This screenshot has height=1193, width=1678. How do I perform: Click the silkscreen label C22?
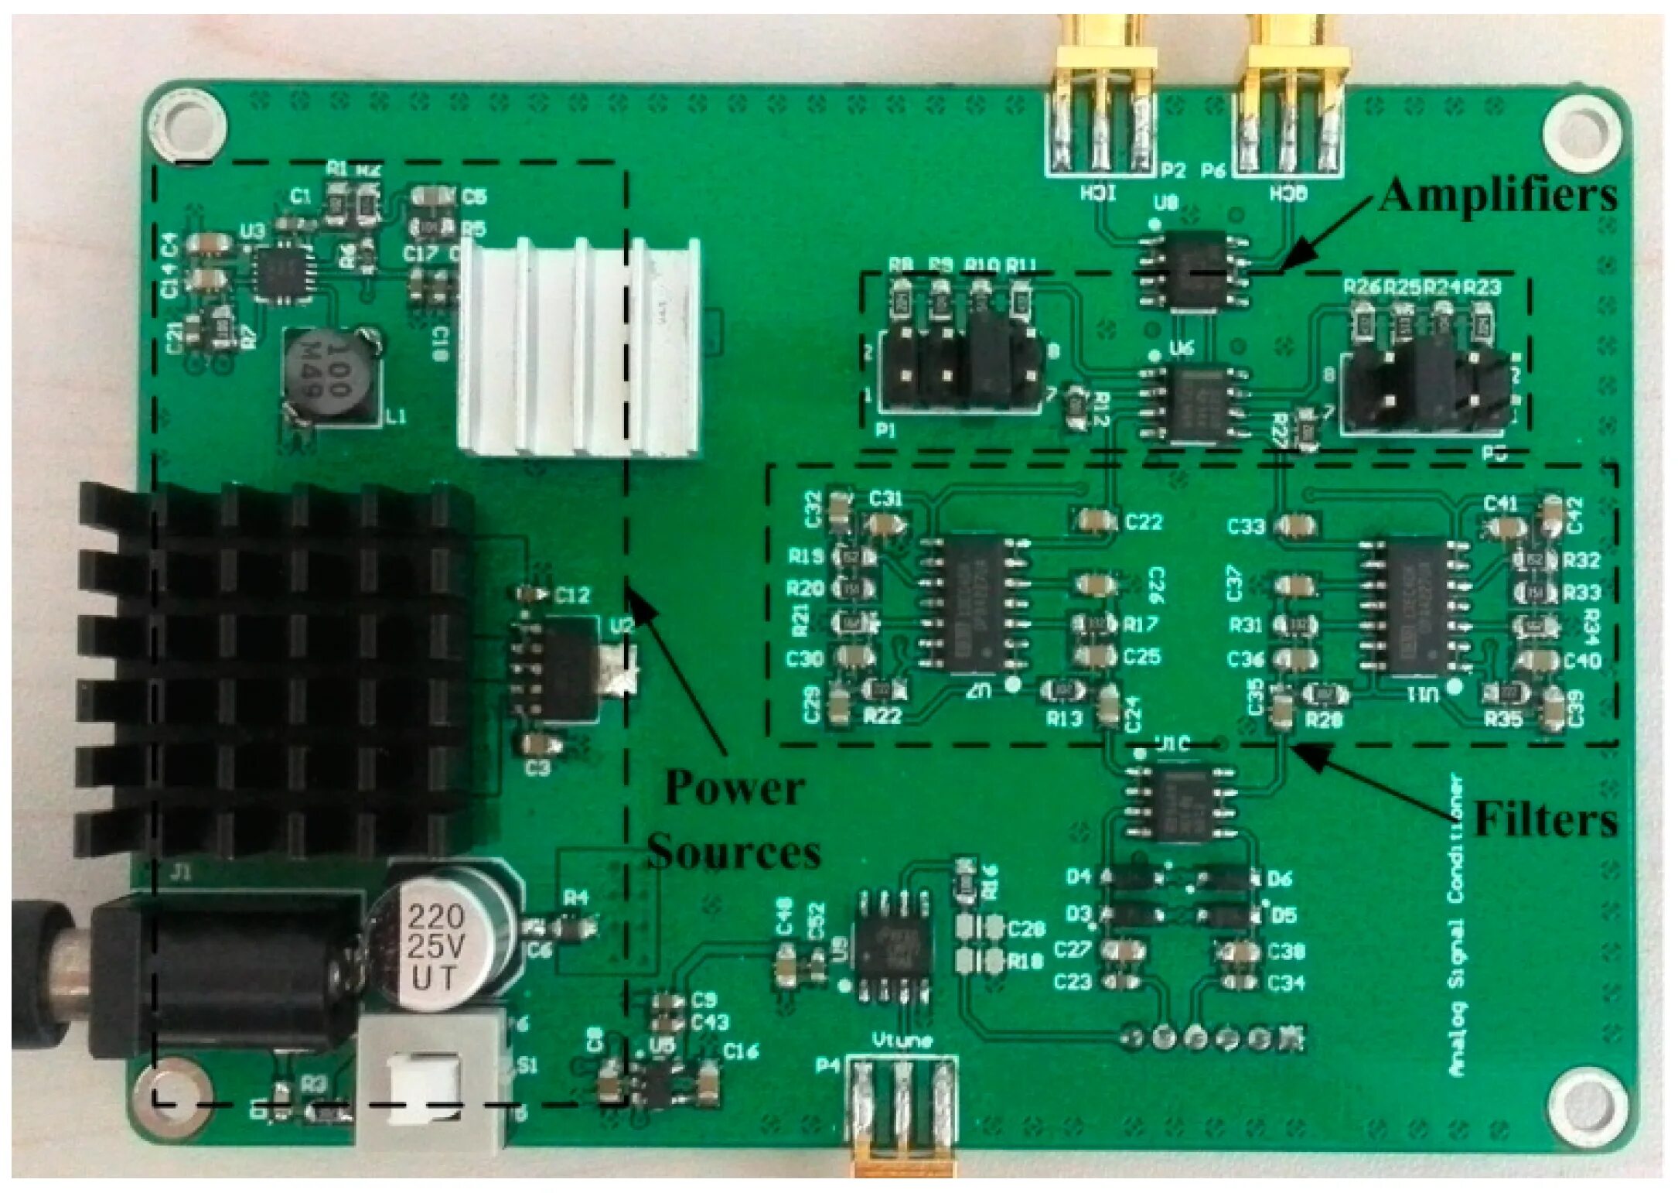[x=1144, y=523]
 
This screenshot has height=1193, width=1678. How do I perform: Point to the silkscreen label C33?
[x=1246, y=528]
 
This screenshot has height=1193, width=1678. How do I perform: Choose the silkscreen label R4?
[x=576, y=897]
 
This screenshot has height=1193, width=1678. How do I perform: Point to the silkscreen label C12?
[x=572, y=596]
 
